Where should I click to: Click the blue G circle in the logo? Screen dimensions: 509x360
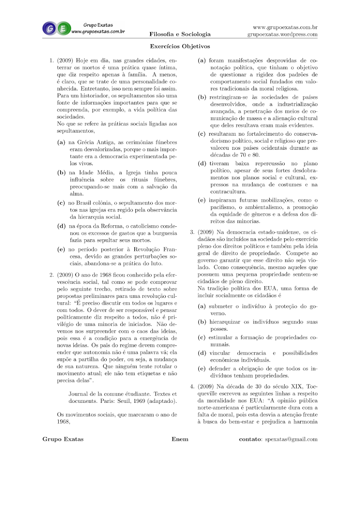pyautogui.click(x=49, y=28)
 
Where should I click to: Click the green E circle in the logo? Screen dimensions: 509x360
pyautogui.click(x=63, y=28)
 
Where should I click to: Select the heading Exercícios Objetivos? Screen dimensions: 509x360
pyautogui.click(x=180, y=46)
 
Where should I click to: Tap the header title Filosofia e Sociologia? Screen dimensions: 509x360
pyautogui.click(x=180, y=34)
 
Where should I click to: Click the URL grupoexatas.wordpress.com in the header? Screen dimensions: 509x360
pyautogui.click(x=282, y=35)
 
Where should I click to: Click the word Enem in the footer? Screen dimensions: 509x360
pyautogui.click(x=180, y=439)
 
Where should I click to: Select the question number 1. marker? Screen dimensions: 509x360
pyautogui.click(x=51, y=60)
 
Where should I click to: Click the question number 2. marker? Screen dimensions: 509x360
pyautogui.click(x=51, y=275)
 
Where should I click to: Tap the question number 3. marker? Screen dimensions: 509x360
pyautogui.click(x=192, y=232)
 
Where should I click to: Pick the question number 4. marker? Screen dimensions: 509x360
pyautogui.click(x=192, y=387)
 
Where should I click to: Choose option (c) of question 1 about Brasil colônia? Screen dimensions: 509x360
pyautogui.click(x=61, y=203)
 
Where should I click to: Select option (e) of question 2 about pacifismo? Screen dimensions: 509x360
pyautogui.click(x=202, y=200)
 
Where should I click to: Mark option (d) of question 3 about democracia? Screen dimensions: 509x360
pyautogui.click(x=202, y=353)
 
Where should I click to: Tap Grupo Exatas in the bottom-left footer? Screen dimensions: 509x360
pyautogui.click(x=63, y=439)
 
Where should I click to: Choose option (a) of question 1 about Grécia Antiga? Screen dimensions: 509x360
pyautogui.click(x=61, y=143)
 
